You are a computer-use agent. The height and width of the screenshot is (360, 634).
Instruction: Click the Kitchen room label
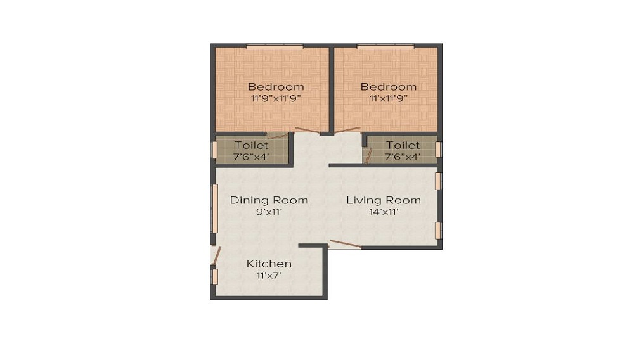coord(269,264)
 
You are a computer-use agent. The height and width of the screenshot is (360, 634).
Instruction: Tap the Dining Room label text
coord(269,200)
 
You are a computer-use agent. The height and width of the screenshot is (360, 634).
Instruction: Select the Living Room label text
coord(383,200)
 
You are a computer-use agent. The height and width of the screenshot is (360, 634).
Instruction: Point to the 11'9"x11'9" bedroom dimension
coord(276,98)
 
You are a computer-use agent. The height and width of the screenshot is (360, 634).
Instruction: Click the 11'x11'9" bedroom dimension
coord(389,98)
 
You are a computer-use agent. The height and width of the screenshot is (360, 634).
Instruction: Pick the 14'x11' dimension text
coord(383,212)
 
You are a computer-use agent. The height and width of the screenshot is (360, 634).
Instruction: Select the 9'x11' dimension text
coord(269,212)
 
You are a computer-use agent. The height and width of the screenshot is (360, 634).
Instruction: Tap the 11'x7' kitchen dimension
coord(269,276)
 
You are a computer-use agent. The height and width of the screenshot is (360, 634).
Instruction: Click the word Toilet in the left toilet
coord(252,145)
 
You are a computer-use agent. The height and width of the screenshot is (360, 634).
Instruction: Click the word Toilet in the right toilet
coord(403,145)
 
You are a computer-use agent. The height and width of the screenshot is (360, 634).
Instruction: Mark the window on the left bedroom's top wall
coord(275,46)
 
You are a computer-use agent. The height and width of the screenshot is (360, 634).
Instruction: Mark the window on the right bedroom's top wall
coord(385,46)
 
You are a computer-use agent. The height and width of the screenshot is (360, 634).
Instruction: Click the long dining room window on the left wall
coord(214,209)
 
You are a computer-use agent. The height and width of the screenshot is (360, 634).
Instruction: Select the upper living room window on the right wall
coord(438,181)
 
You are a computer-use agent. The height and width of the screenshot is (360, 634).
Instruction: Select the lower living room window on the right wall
coord(438,230)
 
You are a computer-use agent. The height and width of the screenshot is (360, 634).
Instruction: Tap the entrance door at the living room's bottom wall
coord(345,245)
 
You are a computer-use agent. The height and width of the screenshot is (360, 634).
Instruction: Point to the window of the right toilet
coord(438,150)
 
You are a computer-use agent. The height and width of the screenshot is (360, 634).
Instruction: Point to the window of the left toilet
coord(214,150)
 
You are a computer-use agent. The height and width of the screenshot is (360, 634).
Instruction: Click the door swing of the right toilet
coord(368,155)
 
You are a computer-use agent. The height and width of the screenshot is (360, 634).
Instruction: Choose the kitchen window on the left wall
coord(214,276)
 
